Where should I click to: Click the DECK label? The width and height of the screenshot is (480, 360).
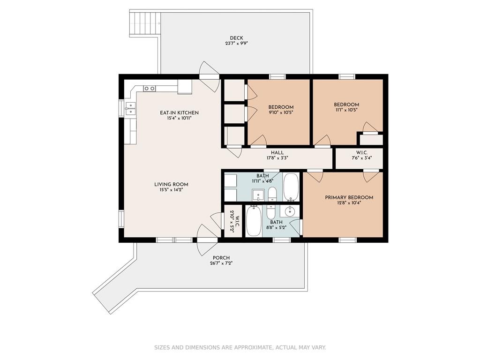[x=236, y=38]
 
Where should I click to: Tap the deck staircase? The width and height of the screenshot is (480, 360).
[x=145, y=24]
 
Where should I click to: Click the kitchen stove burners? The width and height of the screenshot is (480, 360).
[x=150, y=89]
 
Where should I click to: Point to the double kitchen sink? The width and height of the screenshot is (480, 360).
[x=130, y=108]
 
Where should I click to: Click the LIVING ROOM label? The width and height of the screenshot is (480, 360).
[x=171, y=184]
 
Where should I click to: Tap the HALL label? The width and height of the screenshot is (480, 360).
[x=277, y=152]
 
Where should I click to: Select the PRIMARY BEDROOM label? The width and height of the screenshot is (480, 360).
[x=349, y=197]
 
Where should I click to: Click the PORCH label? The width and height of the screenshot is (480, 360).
[x=221, y=258]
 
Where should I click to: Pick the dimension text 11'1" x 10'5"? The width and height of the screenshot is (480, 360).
[x=346, y=110]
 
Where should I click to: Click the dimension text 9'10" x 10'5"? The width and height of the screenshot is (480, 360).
[x=281, y=112]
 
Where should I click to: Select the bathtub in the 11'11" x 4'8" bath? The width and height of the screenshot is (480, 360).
[x=291, y=187]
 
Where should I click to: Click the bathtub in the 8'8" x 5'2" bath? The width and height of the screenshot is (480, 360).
[x=254, y=220]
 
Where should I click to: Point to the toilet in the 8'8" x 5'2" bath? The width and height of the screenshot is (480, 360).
[x=271, y=211]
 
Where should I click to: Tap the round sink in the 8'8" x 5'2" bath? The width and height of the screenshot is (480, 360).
[x=289, y=211]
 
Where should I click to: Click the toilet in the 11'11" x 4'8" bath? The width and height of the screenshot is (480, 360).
[x=272, y=194]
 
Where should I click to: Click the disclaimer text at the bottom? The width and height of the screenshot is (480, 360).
[x=240, y=347]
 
